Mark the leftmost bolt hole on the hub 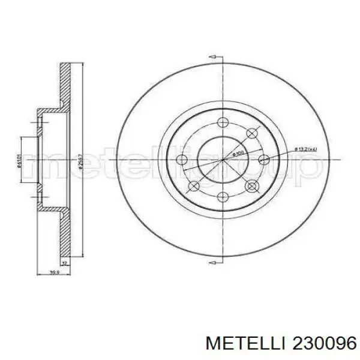coord(181,160)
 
